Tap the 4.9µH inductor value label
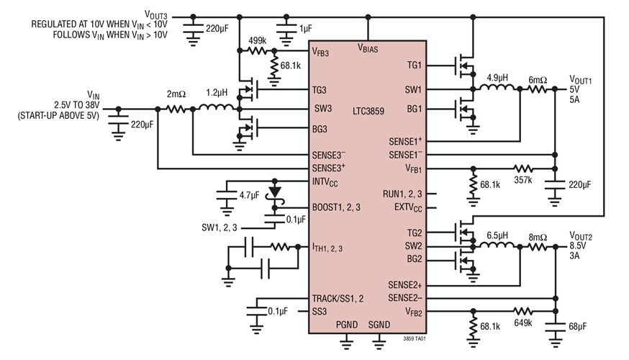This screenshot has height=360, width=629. [x=499, y=77]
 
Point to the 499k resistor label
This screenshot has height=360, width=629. [x=258, y=40]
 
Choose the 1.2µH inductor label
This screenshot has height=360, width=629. [x=217, y=94]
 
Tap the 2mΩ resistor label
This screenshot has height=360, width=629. [x=177, y=94]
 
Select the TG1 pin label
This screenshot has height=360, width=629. [x=415, y=65]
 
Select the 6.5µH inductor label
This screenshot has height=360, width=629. [x=499, y=235]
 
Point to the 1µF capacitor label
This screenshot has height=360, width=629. [x=306, y=30]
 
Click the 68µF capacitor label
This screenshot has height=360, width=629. [x=579, y=327]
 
